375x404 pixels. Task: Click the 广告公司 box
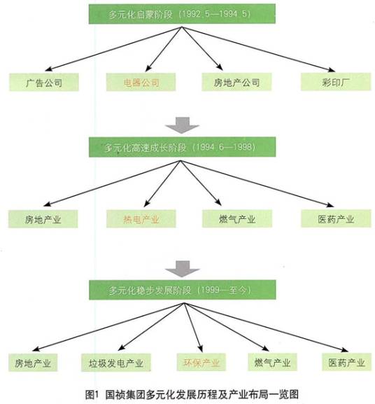(x=44, y=82)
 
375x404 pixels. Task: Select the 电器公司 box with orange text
(x=141, y=82)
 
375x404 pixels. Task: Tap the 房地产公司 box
(x=236, y=82)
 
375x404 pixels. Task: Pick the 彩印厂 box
(x=336, y=82)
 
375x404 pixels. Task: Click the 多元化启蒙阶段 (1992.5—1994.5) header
(x=182, y=14)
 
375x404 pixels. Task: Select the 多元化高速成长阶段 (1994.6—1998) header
(x=182, y=147)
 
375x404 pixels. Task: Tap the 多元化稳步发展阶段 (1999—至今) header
(x=183, y=290)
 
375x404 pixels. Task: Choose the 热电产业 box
(x=141, y=218)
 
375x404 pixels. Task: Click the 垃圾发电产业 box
(x=116, y=363)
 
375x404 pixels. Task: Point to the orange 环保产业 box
(x=201, y=362)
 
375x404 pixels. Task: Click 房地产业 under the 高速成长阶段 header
(x=43, y=219)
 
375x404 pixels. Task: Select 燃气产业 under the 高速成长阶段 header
(x=237, y=218)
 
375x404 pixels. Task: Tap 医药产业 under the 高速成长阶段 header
(x=336, y=218)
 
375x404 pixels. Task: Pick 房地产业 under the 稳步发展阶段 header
(x=33, y=363)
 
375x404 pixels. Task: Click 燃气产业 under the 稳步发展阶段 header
(x=272, y=362)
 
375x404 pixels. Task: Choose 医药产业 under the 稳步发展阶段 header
(x=347, y=362)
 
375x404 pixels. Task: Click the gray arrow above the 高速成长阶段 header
(x=182, y=125)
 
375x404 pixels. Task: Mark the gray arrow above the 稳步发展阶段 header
(x=183, y=269)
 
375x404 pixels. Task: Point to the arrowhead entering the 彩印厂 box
(x=332, y=69)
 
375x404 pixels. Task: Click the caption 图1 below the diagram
(x=92, y=394)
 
